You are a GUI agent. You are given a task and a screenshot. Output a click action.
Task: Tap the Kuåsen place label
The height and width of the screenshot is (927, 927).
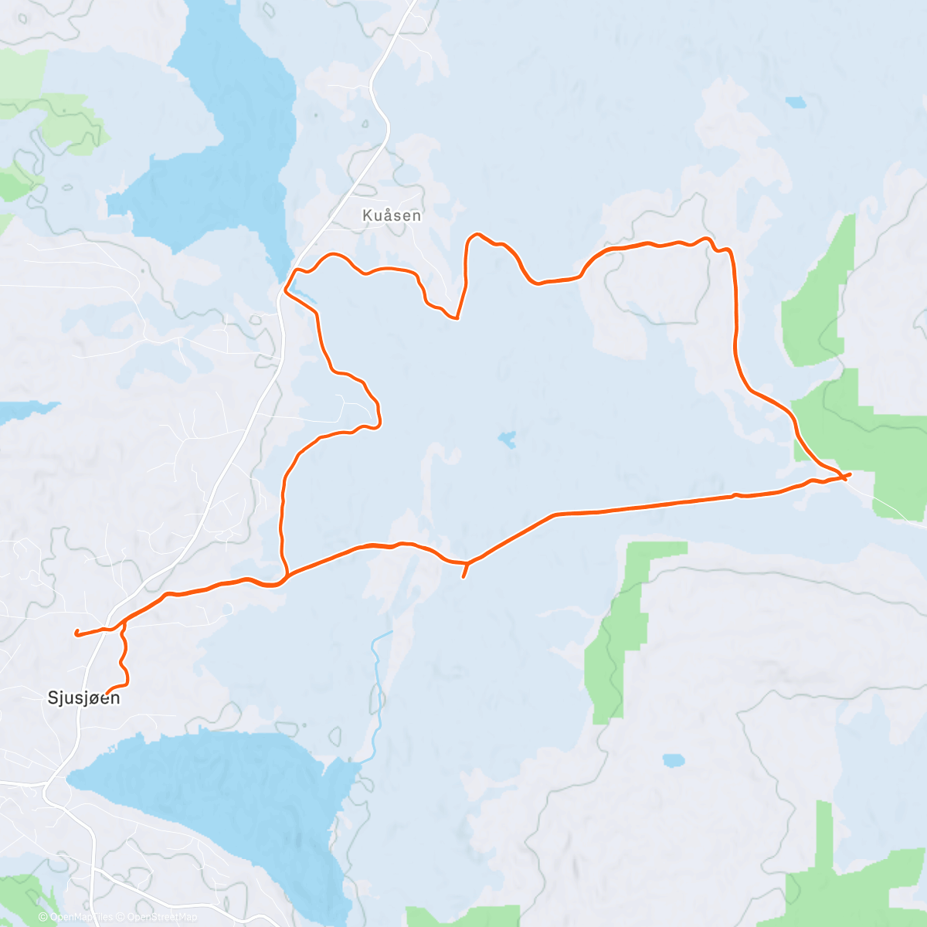tap(392, 216)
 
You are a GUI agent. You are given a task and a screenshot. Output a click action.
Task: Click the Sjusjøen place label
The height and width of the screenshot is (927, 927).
tap(84, 698)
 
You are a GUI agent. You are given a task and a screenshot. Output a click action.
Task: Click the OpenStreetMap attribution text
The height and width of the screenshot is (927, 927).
tap(162, 917)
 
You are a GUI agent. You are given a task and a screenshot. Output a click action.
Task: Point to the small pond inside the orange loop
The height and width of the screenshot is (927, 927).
tap(507, 440)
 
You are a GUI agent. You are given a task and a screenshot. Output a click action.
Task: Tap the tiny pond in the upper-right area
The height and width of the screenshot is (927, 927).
tap(796, 102)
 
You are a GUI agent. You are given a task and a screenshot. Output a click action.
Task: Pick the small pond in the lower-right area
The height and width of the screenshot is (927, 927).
tap(674, 760)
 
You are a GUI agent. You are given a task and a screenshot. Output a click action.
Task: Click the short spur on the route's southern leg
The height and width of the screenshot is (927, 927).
tap(463, 571)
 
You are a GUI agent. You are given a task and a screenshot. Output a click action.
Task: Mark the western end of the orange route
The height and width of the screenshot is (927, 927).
tap(76, 633)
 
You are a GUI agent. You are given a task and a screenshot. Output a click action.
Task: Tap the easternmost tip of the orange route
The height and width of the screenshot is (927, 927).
tap(850, 474)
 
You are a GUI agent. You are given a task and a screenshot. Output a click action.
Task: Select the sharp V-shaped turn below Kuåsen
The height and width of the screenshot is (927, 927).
tap(457, 317)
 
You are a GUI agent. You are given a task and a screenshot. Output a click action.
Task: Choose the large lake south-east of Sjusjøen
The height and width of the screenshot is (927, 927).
tap(224, 796)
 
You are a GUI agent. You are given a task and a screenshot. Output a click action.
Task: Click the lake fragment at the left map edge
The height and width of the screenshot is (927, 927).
tap(23, 411)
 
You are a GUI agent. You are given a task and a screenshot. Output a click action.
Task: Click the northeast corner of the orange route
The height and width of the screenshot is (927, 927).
tap(729, 252)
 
